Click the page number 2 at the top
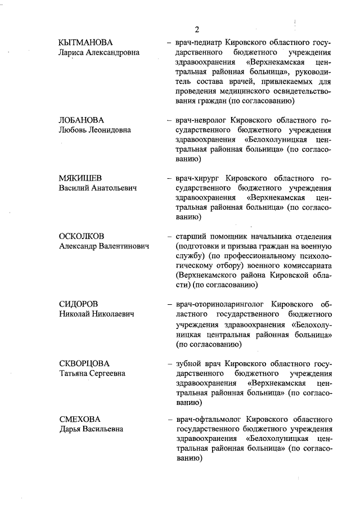coord(197,30)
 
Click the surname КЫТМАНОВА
coord(85,43)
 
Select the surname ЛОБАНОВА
coord(82,120)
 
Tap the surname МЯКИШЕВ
coord(80,178)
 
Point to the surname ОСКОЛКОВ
coord(82,236)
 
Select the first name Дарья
coord(71,430)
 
